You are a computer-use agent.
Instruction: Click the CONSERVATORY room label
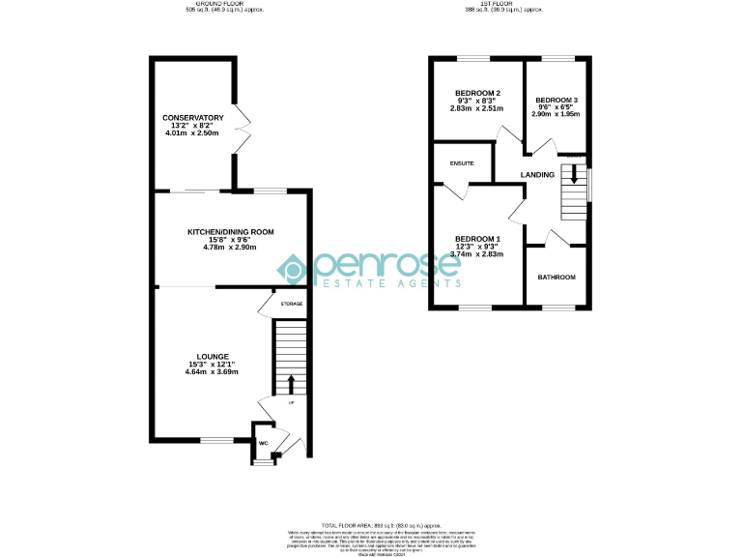click(192, 118)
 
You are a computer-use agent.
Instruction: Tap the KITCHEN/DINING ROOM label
click(231, 232)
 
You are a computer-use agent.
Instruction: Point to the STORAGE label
click(291, 304)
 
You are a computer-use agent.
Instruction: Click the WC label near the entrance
click(262, 443)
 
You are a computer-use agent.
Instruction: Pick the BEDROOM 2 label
click(476, 91)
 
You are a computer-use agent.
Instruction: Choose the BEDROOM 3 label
click(556, 100)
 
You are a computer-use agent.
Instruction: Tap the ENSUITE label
click(462, 163)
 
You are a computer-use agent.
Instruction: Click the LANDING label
click(537, 175)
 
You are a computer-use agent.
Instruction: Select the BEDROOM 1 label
click(477, 239)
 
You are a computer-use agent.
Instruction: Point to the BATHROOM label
click(556, 278)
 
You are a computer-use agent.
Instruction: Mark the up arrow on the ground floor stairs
click(291, 384)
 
